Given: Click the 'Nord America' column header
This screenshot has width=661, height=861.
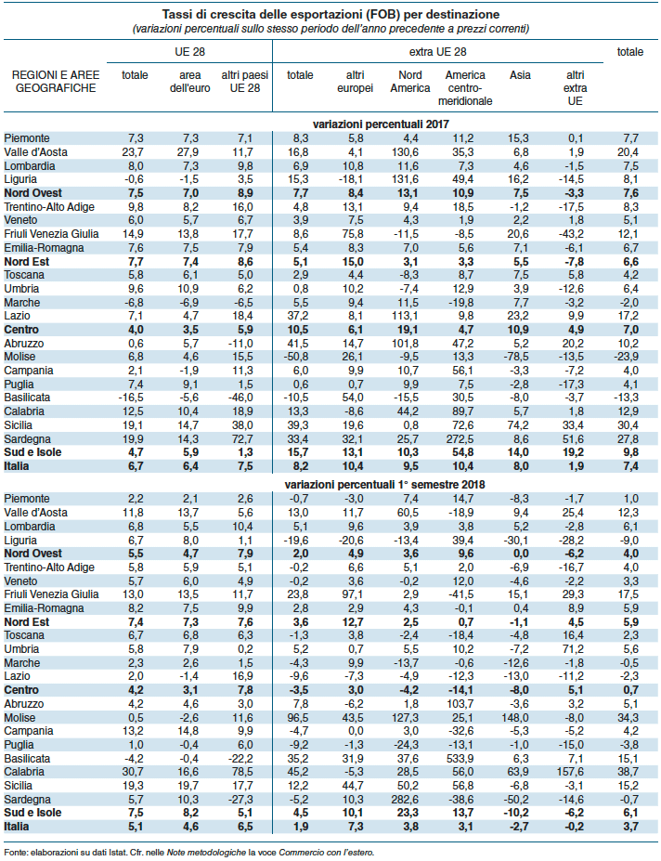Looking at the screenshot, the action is pyautogui.click(x=410, y=82).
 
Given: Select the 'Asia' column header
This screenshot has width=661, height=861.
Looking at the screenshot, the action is pyautogui.click(x=520, y=75).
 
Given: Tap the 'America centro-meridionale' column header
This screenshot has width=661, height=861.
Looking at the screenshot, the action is pyautogui.click(x=465, y=88).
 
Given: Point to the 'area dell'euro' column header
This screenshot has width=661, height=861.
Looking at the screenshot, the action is pyautogui.click(x=190, y=82).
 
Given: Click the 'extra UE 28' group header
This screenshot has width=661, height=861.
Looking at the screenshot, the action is pyautogui.click(x=437, y=52).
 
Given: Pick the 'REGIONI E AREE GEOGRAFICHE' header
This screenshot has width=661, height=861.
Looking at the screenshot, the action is pyautogui.click(x=56, y=82).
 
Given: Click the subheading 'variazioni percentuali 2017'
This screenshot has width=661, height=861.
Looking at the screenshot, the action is pyautogui.click(x=381, y=124).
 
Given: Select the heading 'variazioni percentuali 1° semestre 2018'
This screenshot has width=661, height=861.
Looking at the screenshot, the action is pyautogui.click(x=384, y=485).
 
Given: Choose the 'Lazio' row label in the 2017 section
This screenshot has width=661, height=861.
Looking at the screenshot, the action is pyautogui.click(x=17, y=316).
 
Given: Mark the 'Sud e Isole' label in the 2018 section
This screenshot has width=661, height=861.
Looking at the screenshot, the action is pyautogui.click(x=32, y=813).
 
